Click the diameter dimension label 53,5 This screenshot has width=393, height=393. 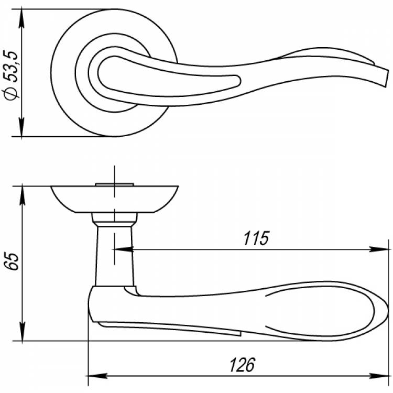[x=11, y=66]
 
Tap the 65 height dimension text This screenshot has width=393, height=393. [x=12, y=261]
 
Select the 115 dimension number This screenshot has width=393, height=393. [x=256, y=238]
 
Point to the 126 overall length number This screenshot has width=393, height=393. [x=242, y=365]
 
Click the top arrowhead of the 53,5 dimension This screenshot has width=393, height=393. [x=21, y=18]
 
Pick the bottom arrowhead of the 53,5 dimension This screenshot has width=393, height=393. [x=21, y=127]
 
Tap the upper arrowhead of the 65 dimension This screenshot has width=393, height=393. [x=23, y=194]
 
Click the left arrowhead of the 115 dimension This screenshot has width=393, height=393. [x=123, y=249]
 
